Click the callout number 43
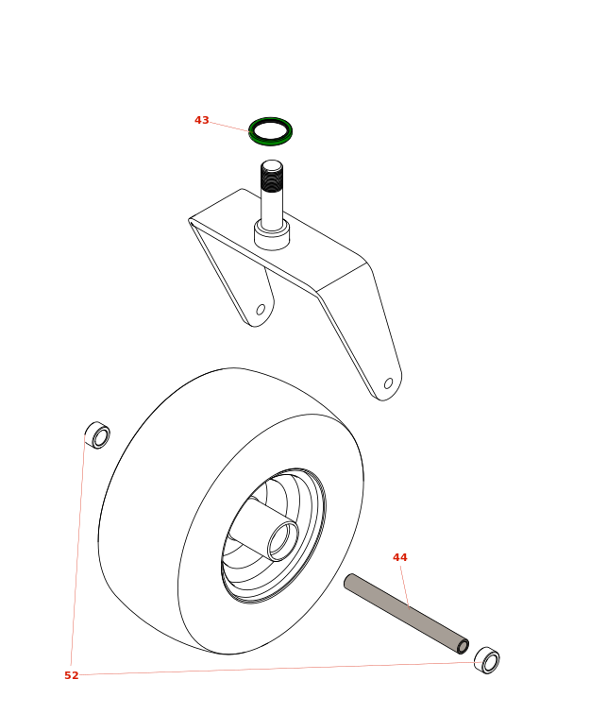[202, 120]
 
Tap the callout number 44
[400, 557]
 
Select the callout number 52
[72, 675]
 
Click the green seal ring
[270, 131]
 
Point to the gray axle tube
[406, 614]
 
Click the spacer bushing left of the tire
[97, 434]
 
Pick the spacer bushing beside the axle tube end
[487, 660]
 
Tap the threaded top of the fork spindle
[272, 176]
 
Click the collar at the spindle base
[272, 234]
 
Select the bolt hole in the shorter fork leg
[261, 310]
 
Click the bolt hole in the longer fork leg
[389, 383]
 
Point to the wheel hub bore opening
[283, 541]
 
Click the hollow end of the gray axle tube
[463, 647]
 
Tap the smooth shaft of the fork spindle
[272, 210]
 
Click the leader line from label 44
[405, 586]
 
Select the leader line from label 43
[229, 127]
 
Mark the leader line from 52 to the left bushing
[77, 550]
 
